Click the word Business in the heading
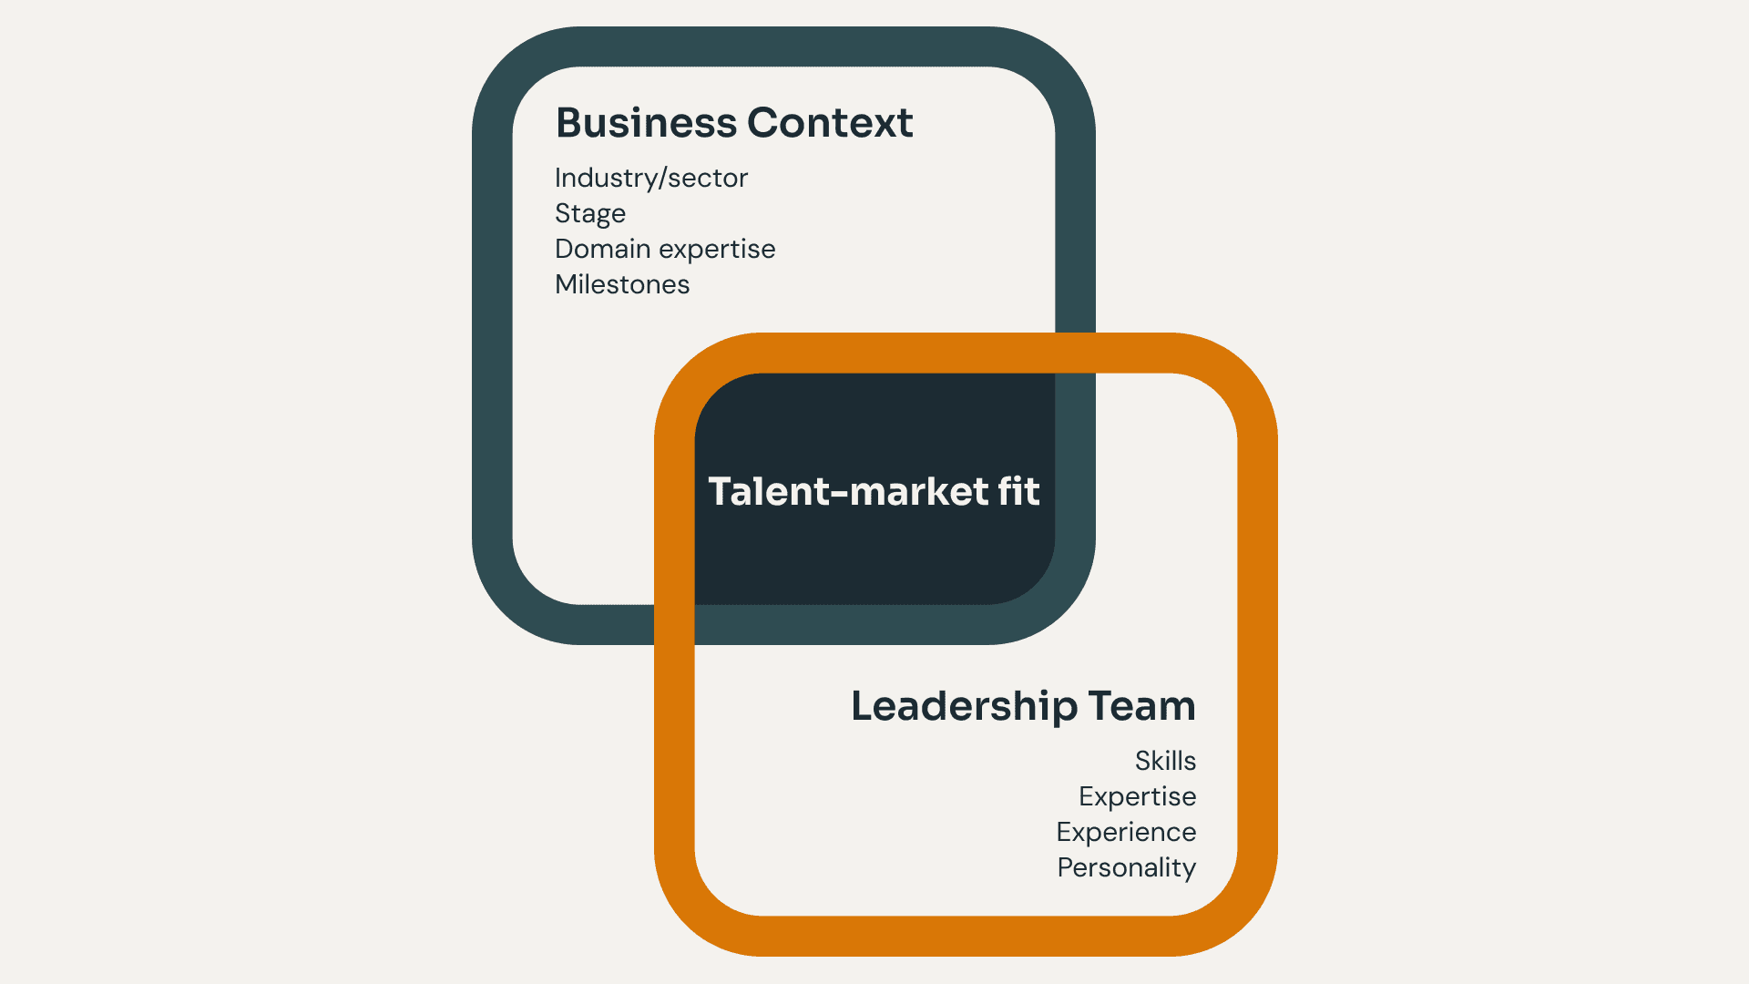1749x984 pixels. [x=646, y=123]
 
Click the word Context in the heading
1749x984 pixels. [x=830, y=123]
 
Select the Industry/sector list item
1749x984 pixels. [x=650, y=178]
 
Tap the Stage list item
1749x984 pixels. [x=589, y=214]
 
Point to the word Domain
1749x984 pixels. [x=602, y=249]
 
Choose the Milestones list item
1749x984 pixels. [x=622, y=284]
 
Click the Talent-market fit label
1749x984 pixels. [x=874, y=492]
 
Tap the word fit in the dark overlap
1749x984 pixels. [x=1018, y=492]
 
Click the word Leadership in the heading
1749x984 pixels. [x=964, y=706]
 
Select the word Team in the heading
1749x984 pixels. [x=1141, y=706]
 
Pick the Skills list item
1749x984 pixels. [x=1165, y=761]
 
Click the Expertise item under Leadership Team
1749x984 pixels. [x=1137, y=796]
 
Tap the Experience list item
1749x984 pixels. [x=1126, y=832]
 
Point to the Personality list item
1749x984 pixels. [x=1126, y=868]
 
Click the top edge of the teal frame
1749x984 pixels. [x=783, y=46]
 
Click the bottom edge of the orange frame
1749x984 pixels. [x=966, y=936]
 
